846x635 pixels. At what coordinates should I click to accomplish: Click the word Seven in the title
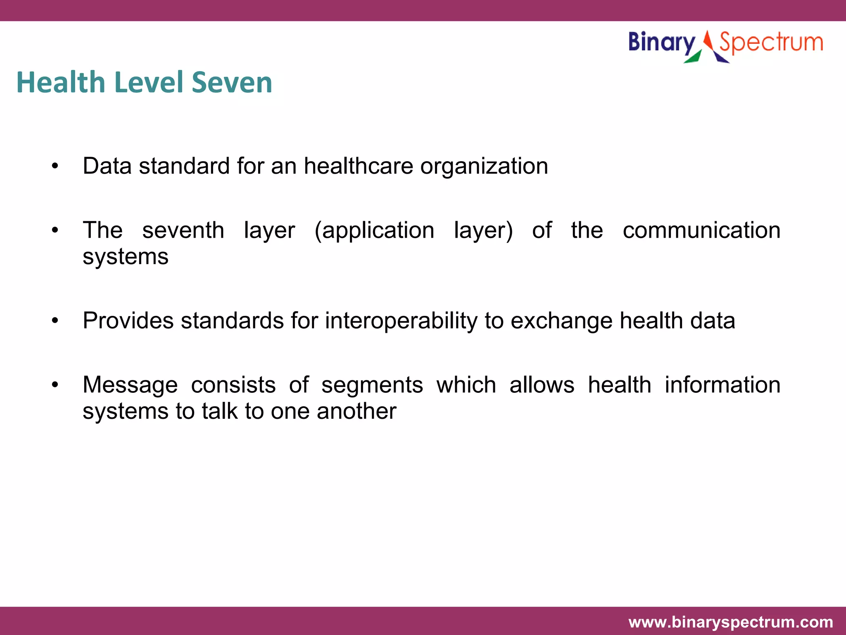tap(232, 82)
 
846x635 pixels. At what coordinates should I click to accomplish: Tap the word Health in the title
tap(61, 82)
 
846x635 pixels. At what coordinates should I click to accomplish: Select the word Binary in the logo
tap(662, 43)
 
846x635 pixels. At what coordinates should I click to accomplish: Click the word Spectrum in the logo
tap(771, 43)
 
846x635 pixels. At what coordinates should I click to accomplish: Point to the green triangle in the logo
tap(693, 57)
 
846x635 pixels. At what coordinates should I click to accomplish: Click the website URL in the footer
tap(730, 622)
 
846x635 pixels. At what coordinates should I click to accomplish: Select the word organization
tap(484, 166)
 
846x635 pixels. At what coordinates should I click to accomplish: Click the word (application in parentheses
tap(374, 230)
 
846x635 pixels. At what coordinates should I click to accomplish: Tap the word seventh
tap(183, 230)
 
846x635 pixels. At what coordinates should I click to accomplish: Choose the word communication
tap(701, 230)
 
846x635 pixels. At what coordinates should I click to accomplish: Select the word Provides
tap(128, 321)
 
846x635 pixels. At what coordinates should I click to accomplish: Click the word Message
tap(130, 385)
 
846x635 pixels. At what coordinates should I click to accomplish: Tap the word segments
tap(372, 385)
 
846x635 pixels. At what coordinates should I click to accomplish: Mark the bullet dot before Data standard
tap(55, 167)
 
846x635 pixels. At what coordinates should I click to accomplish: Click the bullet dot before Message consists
tap(55, 385)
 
